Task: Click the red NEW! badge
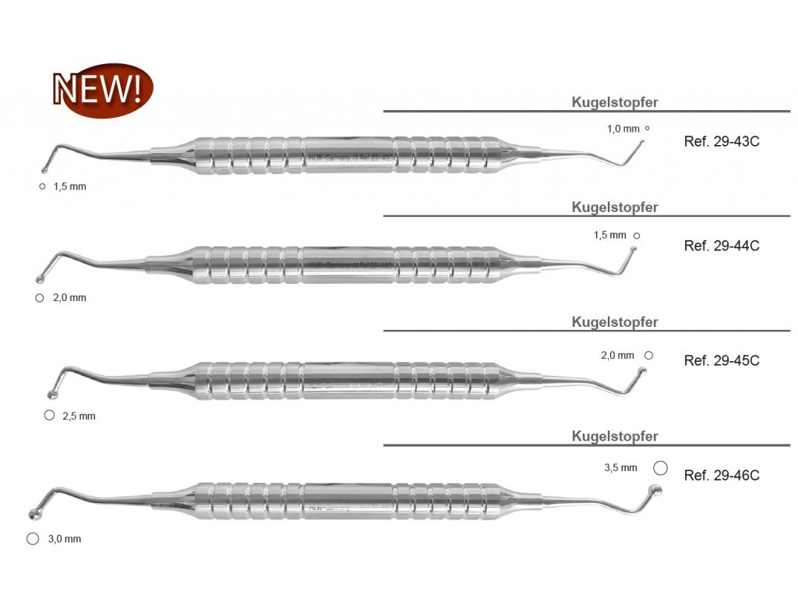pyautogui.click(x=102, y=90)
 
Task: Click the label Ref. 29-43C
pyautogui.click(x=721, y=142)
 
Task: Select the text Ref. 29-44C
pyautogui.click(x=721, y=246)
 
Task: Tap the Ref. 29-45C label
pyautogui.click(x=721, y=360)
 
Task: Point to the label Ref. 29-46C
pyautogui.click(x=721, y=475)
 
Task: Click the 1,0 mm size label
pyautogui.click(x=623, y=129)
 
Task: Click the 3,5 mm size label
pyautogui.click(x=620, y=468)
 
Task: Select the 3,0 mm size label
pyautogui.click(x=63, y=539)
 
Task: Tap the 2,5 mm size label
pyautogui.click(x=79, y=416)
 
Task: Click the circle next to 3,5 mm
pyautogui.click(x=660, y=467)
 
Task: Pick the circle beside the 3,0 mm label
pyautogui.click(x=32, y=538)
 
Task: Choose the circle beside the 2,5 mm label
pyautogui.click(x=49, y=415)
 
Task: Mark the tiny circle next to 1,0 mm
pyautogui.click(x=647, y=128)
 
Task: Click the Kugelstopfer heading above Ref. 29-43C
pyautogui.click(x=615, y=102)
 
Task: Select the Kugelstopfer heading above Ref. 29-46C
pyautogui.click(x=615, y=436)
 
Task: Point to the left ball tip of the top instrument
pyautogui.click(x=45, y=170)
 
